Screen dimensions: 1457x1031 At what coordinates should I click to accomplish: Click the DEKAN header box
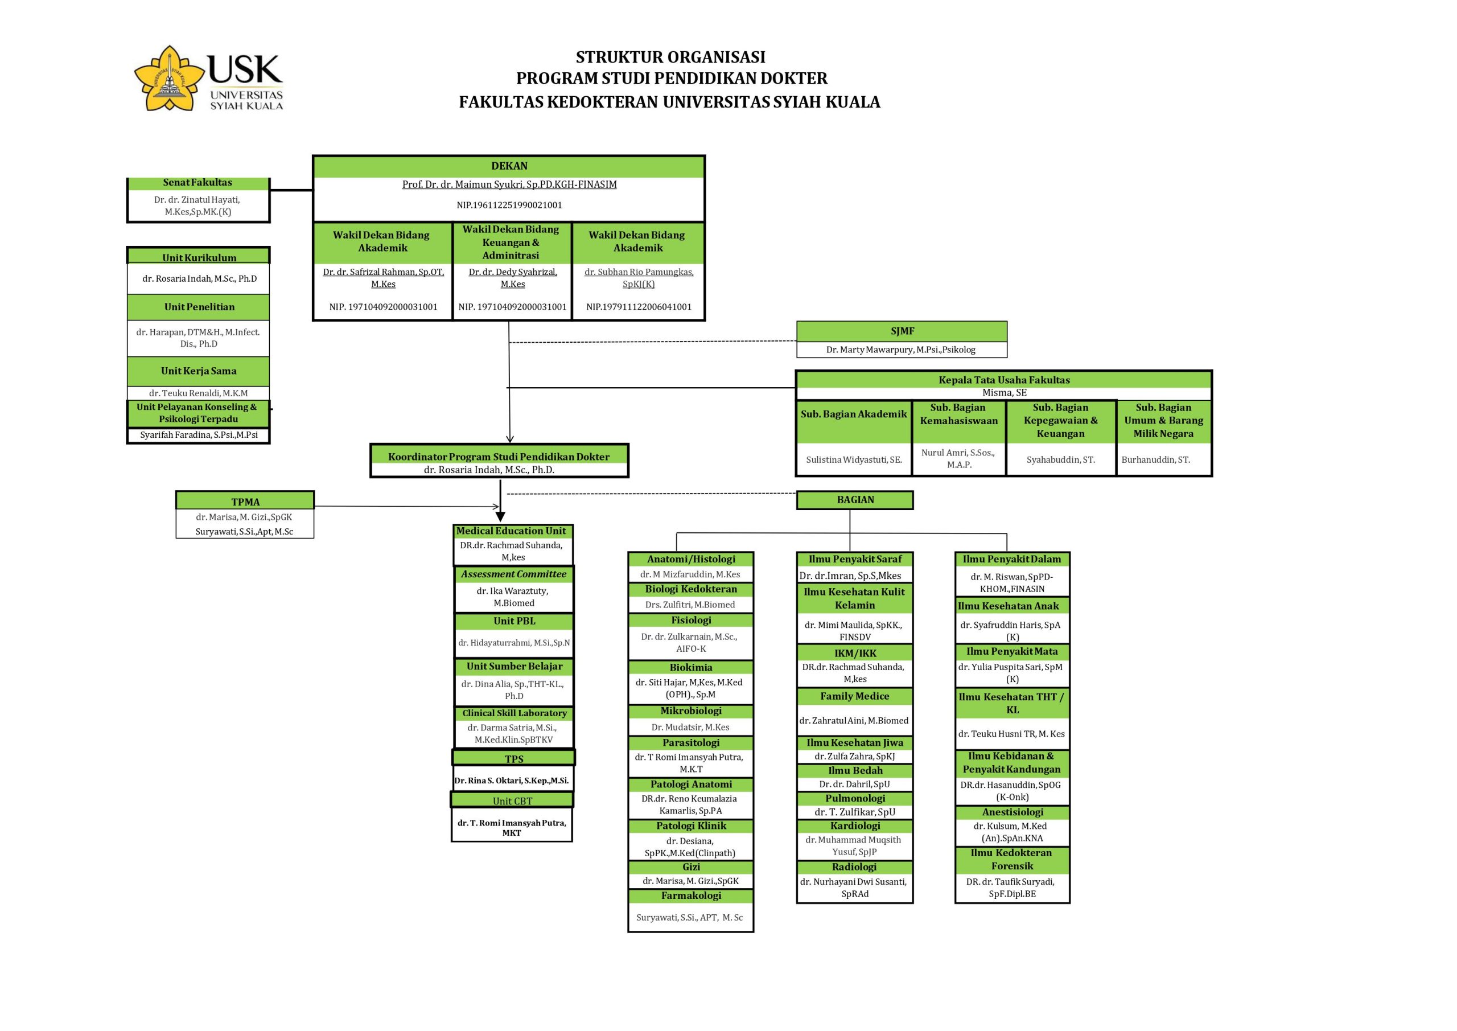(509, 166)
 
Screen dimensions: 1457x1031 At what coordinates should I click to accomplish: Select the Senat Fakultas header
(198, 183)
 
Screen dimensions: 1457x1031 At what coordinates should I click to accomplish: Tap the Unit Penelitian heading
(199, 307)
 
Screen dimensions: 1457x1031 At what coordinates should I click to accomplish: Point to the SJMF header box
(902, 331)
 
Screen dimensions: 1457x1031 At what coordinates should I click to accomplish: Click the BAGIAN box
(855, 500)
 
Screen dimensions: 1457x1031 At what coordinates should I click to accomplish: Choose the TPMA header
(245, 502)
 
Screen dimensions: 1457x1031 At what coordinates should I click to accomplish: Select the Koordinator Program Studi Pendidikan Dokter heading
(499, 457)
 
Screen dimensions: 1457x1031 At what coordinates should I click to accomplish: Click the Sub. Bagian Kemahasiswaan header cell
(959, 421)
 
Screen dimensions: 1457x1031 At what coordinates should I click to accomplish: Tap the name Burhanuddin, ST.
(1155, 459)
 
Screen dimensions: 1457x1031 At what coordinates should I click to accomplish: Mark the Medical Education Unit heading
(511, 531)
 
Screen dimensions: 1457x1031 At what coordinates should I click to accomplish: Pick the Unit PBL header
(514, 622)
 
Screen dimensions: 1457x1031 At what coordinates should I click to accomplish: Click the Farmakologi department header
(691, 896)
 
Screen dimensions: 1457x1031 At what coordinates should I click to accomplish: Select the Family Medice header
(855, 696)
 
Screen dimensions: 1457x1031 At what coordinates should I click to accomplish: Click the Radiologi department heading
(855, 867)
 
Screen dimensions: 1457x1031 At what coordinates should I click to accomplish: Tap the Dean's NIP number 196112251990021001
(509, 205)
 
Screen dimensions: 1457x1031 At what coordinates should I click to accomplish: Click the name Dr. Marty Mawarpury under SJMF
(901, 350)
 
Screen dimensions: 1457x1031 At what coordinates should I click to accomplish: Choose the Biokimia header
(691, 668)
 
